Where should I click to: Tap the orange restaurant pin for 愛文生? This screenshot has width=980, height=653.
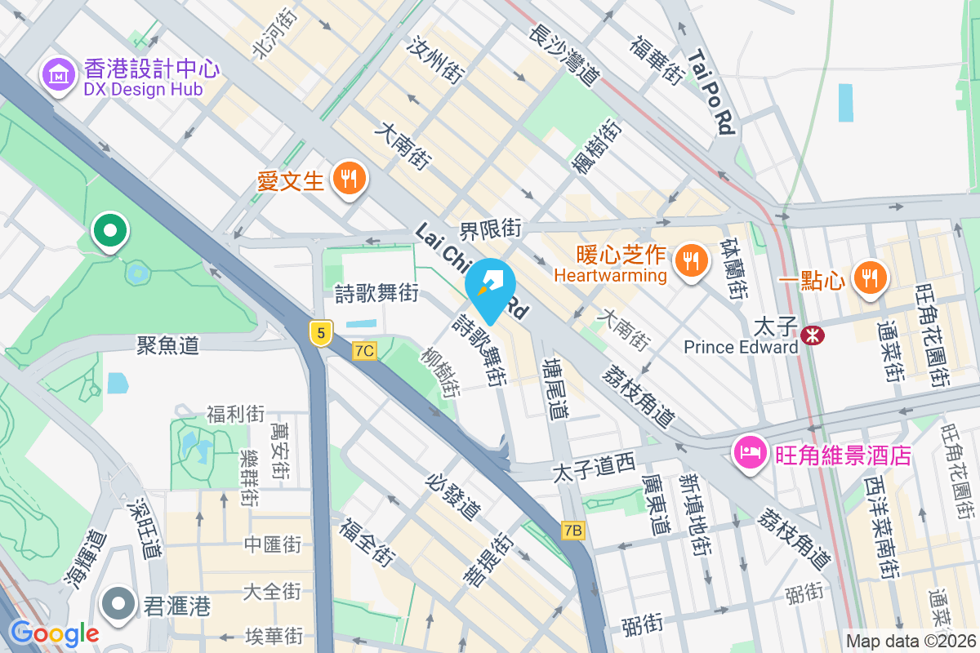350,178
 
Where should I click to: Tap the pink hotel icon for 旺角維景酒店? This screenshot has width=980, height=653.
751,452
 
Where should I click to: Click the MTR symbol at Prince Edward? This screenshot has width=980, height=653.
812,335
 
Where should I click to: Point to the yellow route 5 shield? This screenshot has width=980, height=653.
322,332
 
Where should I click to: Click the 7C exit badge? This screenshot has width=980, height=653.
365,351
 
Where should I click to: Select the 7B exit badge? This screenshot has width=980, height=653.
573,531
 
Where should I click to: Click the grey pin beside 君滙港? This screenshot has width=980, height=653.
119,604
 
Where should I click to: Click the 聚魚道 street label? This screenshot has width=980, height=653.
167,345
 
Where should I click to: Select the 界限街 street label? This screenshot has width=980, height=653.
490,229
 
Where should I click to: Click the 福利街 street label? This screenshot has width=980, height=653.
235,414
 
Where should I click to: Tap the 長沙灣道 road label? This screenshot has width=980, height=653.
564,56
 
